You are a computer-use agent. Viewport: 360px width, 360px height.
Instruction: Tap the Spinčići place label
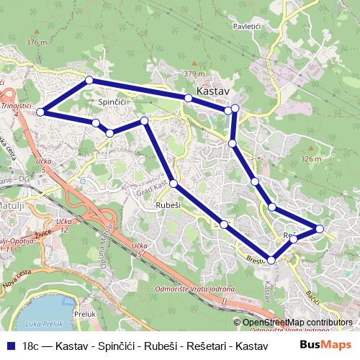(x=112, y=103)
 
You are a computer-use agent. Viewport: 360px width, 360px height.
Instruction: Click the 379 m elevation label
(x=194, y=73)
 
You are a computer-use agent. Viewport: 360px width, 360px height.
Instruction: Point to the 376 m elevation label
(x=36, y=42)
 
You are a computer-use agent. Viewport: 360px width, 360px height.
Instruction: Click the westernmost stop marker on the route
(x=41, y=112)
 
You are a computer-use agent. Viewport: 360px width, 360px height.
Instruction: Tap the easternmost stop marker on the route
(x=320, y=229)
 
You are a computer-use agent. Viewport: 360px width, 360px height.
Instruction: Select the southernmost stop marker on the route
(x=271, y=260)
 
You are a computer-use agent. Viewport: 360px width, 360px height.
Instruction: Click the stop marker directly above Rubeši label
(x=174, y=184)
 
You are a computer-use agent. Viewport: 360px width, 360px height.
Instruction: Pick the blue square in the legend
(x=10, y=346)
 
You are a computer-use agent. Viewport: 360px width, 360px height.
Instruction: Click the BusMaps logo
(x=326, y=346)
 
